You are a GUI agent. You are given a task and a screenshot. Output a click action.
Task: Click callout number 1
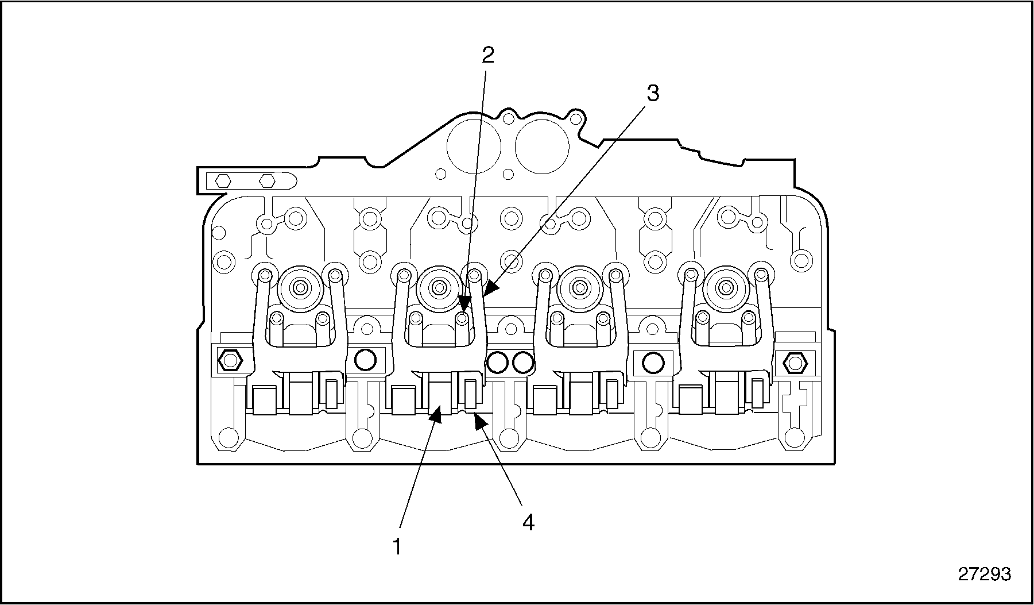(396, 546)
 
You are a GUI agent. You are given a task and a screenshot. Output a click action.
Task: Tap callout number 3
(653, 93)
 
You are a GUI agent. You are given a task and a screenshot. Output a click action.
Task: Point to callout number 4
(528, 522)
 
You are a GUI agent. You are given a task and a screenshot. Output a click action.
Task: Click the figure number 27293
(984, 574)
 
